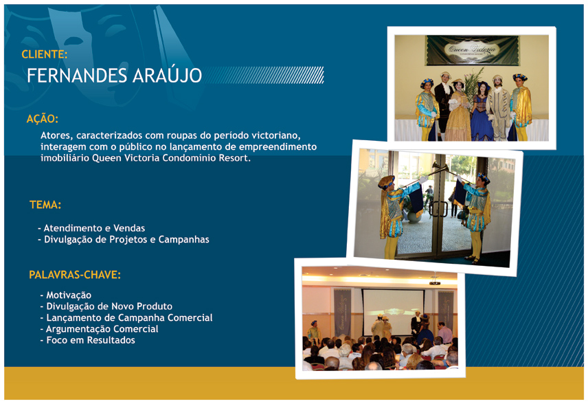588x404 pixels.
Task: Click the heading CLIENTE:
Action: pos(45,54)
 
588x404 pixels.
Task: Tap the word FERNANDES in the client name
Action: pos(77,76)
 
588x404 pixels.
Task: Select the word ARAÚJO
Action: pos(167,75)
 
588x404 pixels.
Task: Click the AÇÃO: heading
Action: pos(43,119)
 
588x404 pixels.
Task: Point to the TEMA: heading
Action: pos(45,205)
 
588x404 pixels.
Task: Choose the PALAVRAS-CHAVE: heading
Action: pos(75,275)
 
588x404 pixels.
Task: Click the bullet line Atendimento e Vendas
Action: pos(91,228)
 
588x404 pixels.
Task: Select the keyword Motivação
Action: pos(66,295)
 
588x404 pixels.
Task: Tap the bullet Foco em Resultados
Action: pos(88,340)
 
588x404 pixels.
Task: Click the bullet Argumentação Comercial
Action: pos(100,329)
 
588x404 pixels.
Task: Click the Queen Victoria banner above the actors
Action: pos(473,50)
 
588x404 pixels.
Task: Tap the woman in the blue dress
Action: pos(482,112)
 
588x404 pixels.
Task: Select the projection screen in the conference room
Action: pos(393,312)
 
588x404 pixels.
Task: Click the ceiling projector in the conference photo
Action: pos(435,281)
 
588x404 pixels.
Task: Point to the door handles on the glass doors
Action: pos(438,209)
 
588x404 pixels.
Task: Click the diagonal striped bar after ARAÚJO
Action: pos(264,75)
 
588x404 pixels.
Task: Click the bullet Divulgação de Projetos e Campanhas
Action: pos(124,239)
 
